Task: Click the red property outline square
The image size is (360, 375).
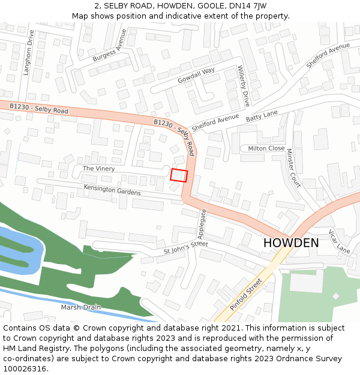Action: click(x=179, y=175)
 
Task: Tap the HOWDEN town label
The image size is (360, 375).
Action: click(x=291, y=243)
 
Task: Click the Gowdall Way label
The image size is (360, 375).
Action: click(x=196, y=76)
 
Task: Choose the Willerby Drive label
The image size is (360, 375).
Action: click(x=244, y=85)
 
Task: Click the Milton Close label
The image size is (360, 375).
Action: click(x=266, y=148)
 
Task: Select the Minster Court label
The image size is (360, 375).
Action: click(x=293, y=168)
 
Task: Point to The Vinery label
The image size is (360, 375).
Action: click(x=98, y=169)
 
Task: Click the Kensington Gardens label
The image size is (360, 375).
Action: click(x=112, y=190)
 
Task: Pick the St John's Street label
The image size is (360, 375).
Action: click(x=185, y=248)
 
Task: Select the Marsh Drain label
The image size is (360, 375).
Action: click(x=81, y=307)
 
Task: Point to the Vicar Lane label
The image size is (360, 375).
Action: click(x=339, y=241)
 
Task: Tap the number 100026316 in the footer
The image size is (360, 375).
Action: click(x=25, y=368)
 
